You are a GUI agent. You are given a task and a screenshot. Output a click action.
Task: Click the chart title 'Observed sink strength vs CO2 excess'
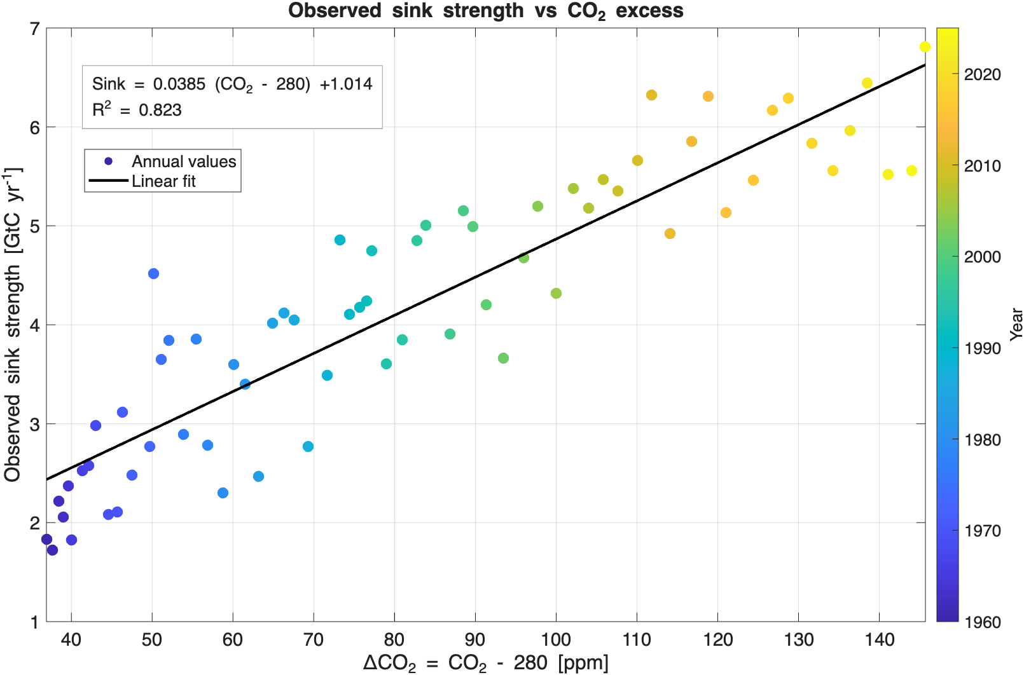coord(485,11)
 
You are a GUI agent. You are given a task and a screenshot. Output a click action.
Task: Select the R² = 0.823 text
coord(137,110)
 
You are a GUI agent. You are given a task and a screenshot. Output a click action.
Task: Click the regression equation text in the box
coord(232,84)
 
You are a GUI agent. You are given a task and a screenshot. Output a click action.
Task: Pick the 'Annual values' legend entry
coord(184,161)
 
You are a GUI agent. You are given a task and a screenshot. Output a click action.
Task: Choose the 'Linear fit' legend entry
coord(163,181)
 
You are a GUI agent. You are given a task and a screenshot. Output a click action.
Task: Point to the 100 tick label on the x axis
coord(556,639)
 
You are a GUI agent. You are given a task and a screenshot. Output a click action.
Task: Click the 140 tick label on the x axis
coord(879,639)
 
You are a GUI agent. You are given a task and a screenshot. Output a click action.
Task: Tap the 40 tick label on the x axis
coord(71,639)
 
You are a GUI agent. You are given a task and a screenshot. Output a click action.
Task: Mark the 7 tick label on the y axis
coord(34,29)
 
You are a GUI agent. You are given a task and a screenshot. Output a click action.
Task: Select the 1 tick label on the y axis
coord(34,622)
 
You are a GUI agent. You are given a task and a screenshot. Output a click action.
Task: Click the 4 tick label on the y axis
coord(34,325)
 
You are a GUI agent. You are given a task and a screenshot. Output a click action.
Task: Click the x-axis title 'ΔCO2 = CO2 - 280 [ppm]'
coord(485,663)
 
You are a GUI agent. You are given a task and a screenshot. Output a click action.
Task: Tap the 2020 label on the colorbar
coord(982,74)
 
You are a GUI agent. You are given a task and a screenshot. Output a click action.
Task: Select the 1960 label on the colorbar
coord(982,622)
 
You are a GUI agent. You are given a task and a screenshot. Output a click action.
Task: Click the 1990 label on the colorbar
coord(982,348)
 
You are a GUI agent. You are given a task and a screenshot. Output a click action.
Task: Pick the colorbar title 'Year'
coord(1016,324)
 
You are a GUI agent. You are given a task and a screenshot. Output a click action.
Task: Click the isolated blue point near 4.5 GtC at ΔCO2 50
coord(153,273)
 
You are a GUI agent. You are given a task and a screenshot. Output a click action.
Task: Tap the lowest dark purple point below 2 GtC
coord(52,550)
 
